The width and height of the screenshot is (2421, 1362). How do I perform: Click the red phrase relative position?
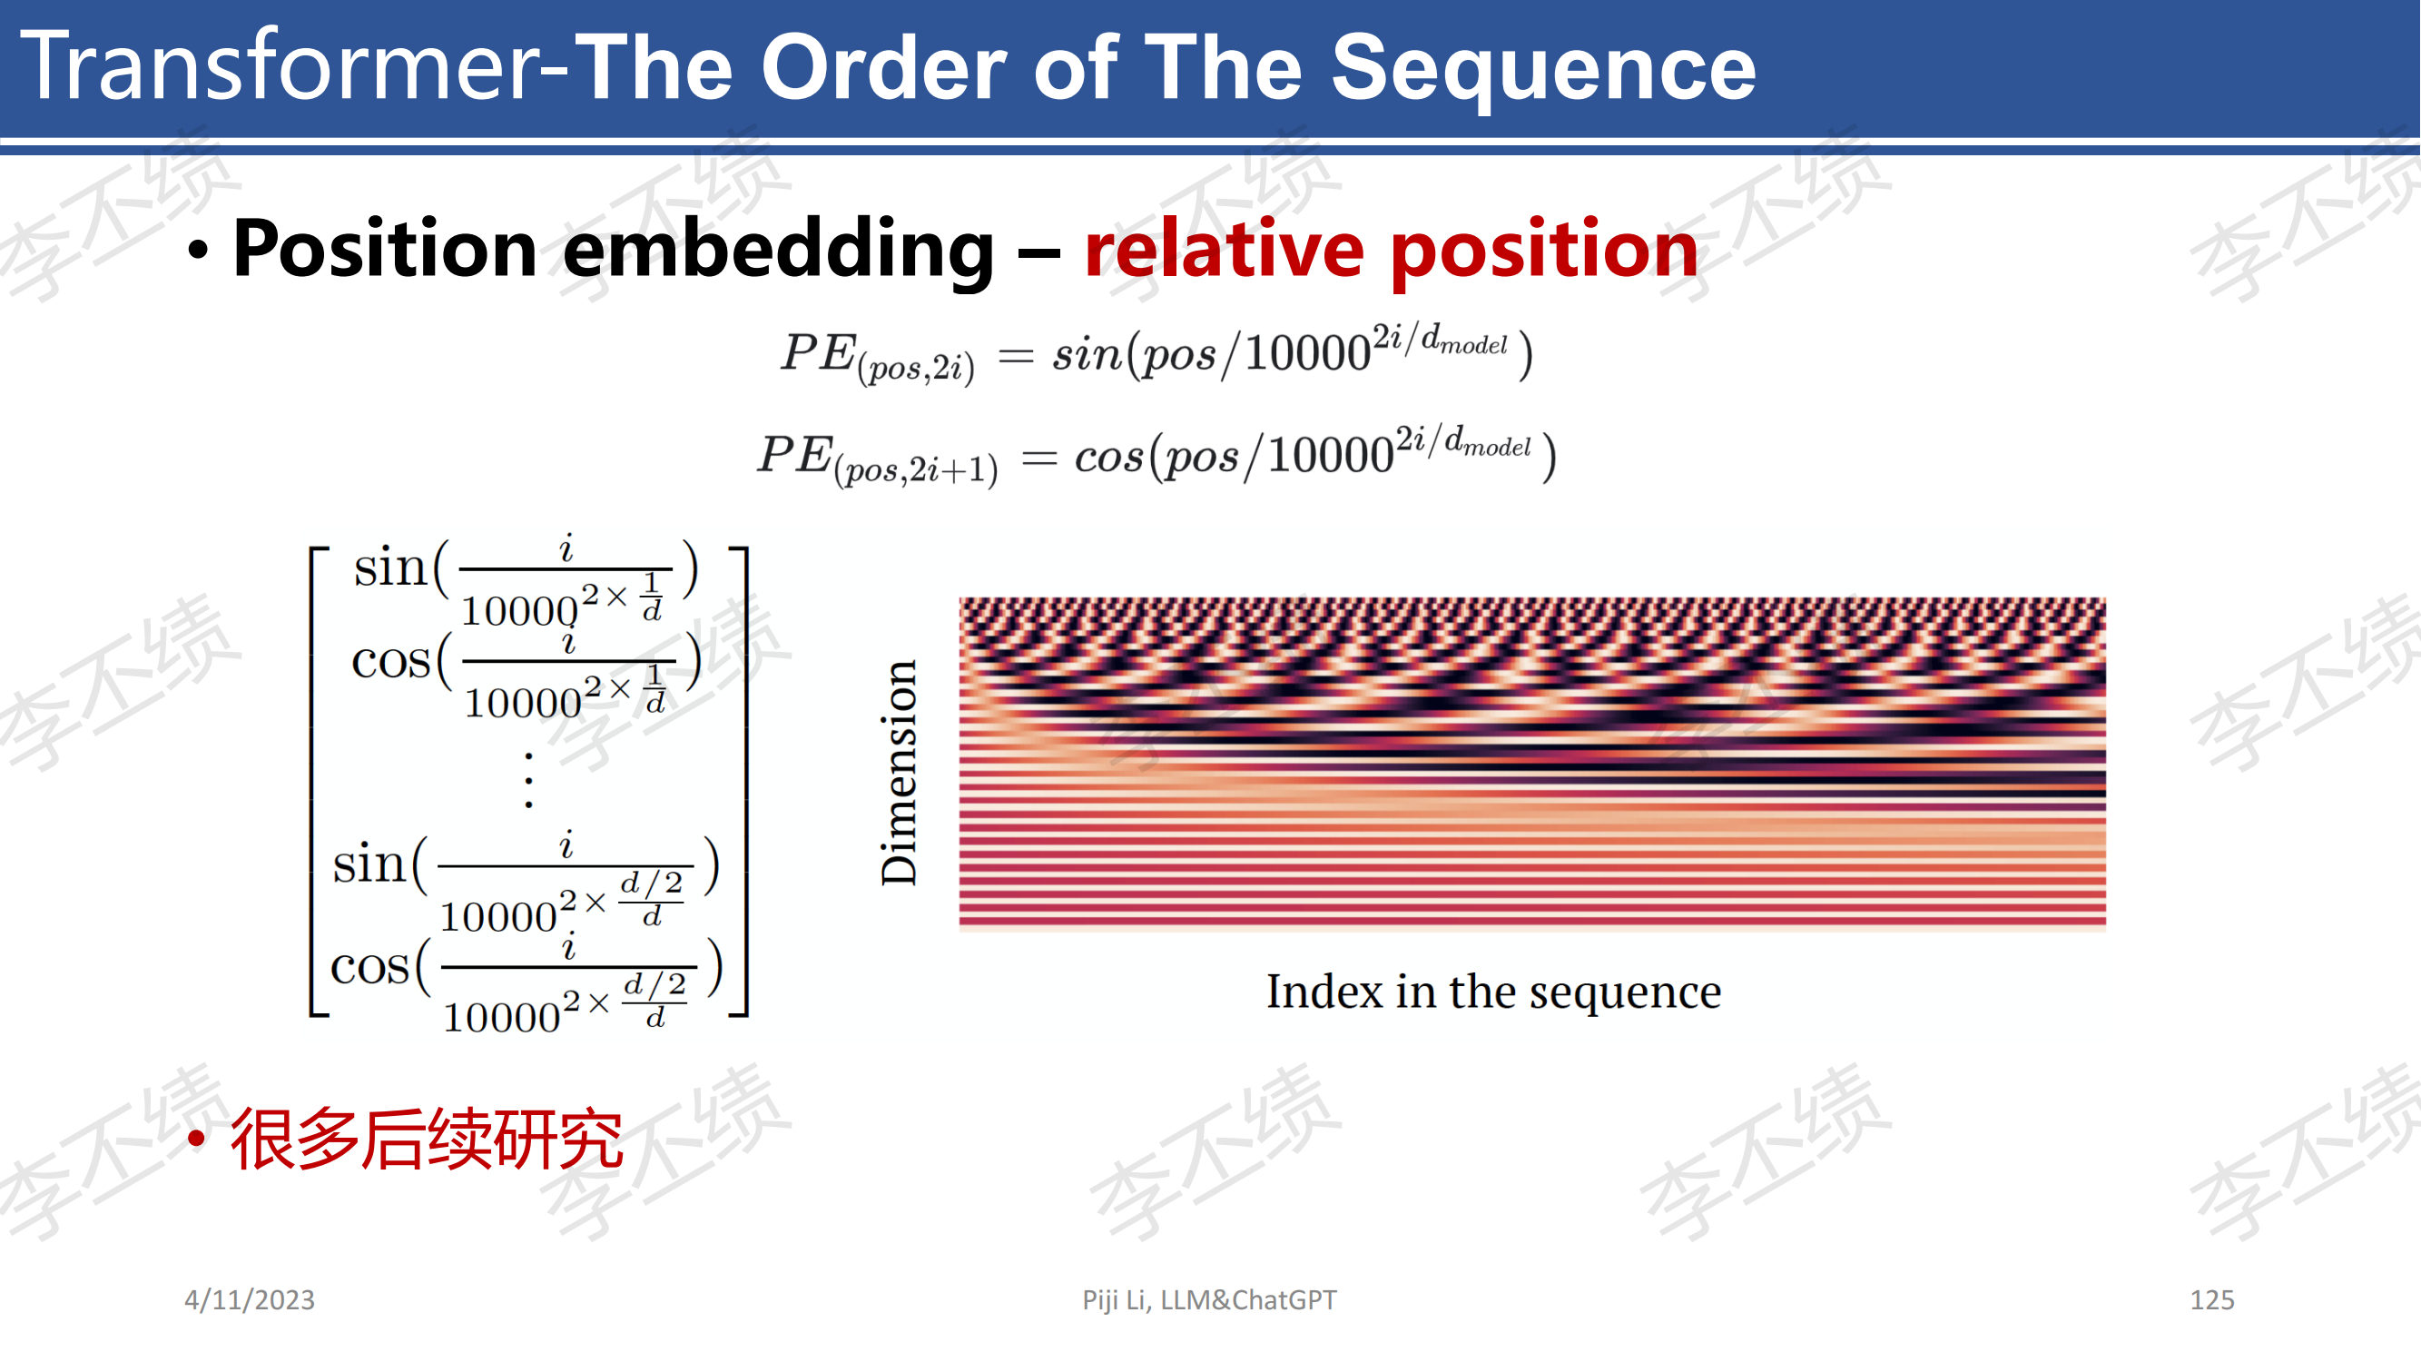(1391, 250)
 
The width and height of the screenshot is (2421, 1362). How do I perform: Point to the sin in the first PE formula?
(1087, 353)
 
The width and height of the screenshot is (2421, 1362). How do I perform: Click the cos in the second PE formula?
(1109, 457)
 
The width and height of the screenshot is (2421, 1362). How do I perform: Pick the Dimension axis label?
(899, 773)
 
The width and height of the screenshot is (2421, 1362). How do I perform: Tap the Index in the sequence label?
(1493, 992)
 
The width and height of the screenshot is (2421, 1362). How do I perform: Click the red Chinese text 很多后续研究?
(427, 1139)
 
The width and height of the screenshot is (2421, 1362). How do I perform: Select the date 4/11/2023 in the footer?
(249, 1299)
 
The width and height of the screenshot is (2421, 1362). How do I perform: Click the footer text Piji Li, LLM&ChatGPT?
(1208, 1299)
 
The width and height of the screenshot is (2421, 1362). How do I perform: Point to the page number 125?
(2211, 1299)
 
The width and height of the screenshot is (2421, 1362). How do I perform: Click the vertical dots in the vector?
(529, 780)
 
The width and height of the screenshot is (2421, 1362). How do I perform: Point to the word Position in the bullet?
(384, 249)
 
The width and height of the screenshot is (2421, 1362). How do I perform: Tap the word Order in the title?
(883, 68)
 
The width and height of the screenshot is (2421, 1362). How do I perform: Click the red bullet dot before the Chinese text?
(196, 1140)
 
